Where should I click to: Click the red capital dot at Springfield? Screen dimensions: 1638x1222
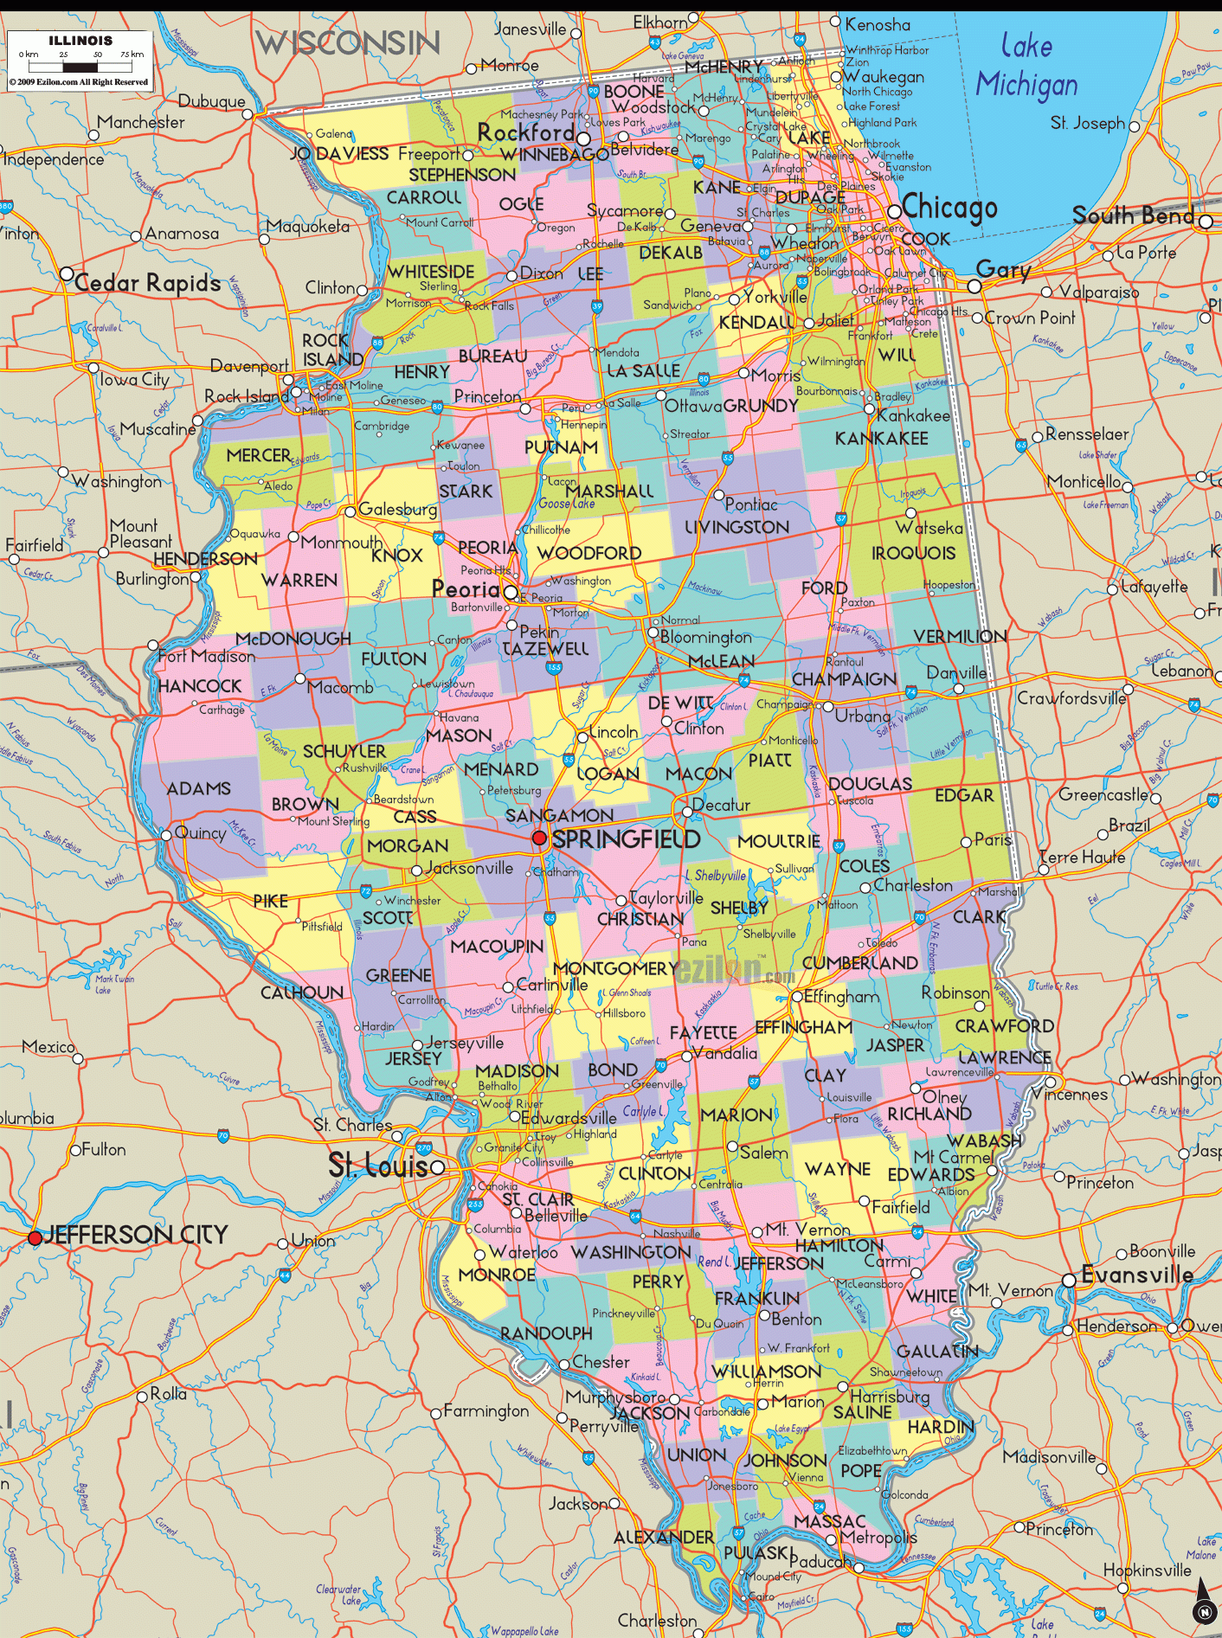[x=539, y=838]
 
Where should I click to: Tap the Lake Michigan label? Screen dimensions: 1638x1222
[x=1026, y=66]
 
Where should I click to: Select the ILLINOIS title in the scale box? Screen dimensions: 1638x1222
[x=80, y=41]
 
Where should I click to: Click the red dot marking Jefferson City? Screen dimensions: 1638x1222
[x=35, y=1238]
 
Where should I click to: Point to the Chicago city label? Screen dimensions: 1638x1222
[x=949, y=208]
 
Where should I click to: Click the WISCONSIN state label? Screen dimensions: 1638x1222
[x=347, y=42]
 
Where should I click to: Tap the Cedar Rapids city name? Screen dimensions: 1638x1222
[x=147, y=283]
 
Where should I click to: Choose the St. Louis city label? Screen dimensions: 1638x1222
[x=378, y=1166]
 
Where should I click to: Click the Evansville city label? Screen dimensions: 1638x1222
[x=1137, y=1275]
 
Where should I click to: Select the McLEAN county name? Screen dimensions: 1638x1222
[x=721, y=661]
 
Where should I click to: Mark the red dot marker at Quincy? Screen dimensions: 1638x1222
[x=166, y=835]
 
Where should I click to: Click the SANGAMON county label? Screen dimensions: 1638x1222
[x=559, y=815]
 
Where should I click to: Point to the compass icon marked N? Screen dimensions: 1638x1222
[x=1203, y=1603]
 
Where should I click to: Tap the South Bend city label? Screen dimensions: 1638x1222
[x=1133, y=215]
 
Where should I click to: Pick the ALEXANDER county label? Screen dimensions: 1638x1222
[x=664, y=1538]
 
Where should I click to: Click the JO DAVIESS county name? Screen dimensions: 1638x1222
[x=339, y=154]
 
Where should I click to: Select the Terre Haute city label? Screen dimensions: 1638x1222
[x=1082, y=857]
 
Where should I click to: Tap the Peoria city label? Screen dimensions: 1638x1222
[x=466, y=589]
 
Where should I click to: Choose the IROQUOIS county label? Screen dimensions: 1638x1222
[x=913, y=553]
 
